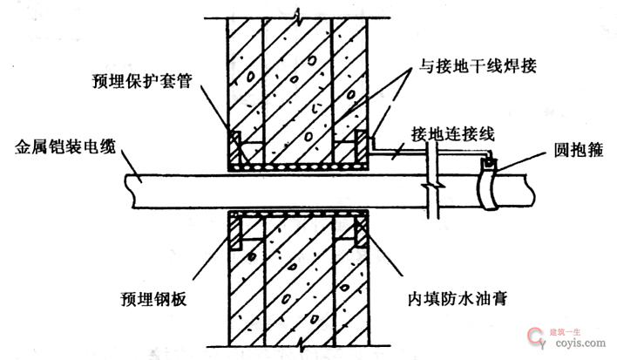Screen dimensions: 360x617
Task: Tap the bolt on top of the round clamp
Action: pyautogui.click(x=492, y=161)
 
